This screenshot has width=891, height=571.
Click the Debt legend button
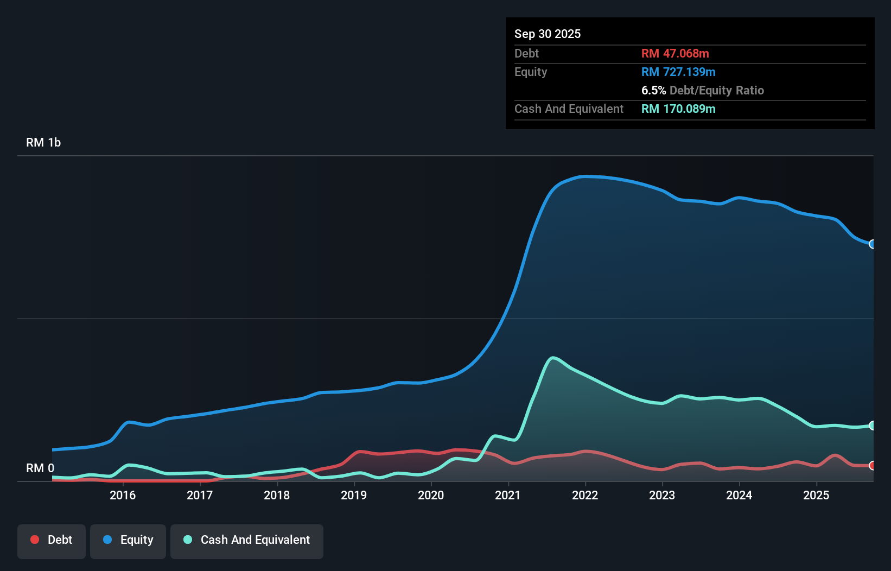[52, 541]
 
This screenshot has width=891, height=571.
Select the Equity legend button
[128, 541]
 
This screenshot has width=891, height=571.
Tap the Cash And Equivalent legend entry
[247, 541]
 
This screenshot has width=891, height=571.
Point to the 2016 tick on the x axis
[123, 495]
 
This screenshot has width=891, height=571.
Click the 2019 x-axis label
[354, 495]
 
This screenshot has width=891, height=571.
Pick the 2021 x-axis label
[508, 495]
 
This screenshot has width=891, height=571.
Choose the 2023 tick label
[662, 495]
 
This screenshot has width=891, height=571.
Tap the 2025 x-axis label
[816, 495]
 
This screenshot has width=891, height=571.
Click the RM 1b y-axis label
[43, 143]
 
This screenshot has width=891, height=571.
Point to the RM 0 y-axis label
[40, 468]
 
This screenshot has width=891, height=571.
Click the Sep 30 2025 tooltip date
[548, 34]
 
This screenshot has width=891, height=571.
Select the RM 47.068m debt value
[675, 54]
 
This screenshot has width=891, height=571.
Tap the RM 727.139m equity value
[678, 72]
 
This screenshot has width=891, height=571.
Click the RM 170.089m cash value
[678, 109]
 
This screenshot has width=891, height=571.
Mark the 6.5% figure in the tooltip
[653, 91]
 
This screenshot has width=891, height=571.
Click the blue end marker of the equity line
[872, 244]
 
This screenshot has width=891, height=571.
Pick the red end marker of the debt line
[872, 466]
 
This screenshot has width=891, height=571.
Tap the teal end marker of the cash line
[872, 426]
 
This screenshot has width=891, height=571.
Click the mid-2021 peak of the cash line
[552, 358]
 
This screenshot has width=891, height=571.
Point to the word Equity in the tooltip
[531, 72]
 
